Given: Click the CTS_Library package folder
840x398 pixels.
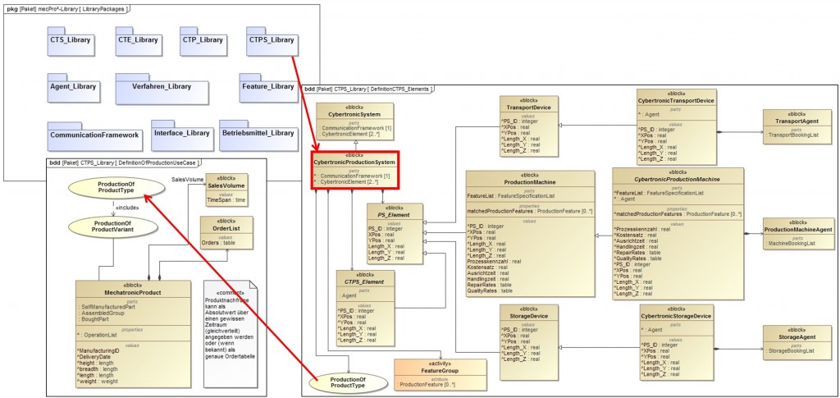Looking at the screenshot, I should point(70,40).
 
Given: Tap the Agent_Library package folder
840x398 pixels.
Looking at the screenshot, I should point(73,86).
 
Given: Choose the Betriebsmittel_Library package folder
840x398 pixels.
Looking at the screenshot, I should point(258,133).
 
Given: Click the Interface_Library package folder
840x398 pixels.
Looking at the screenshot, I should point(180,133).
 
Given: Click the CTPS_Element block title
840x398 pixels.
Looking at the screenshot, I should point(364,282).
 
